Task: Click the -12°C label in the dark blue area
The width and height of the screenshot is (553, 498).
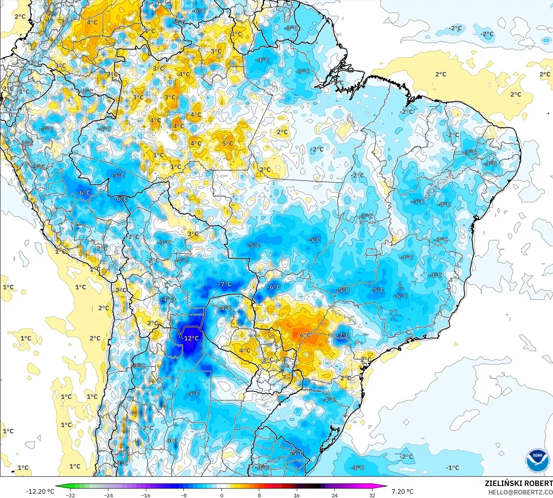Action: (x=191, y=338)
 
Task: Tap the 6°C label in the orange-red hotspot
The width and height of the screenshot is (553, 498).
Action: (x=305, y=335)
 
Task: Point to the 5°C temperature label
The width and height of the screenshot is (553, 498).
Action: (x=228, y=144)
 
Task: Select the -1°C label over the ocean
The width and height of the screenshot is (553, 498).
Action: (x=452, y=467)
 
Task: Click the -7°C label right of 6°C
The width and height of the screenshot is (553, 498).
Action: (x=343, y=335)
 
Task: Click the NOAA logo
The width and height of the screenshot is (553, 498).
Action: (x=537, y=460)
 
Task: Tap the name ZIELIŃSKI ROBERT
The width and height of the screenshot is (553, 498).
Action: (x=519, y=484)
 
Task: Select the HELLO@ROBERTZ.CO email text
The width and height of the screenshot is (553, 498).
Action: (x=520, y=492)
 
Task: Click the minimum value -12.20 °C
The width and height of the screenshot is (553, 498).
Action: (x=40, y=491)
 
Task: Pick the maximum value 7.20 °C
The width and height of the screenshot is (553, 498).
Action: (x=402, y=491)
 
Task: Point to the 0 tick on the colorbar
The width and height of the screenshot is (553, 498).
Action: (x=221, y=495)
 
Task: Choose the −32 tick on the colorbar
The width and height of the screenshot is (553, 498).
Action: (x=70, y=495)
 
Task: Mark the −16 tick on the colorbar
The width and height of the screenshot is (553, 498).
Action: (x=146, y=495)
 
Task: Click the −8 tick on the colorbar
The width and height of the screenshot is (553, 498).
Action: (x=183, y=495)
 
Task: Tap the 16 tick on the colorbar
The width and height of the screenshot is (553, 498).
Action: (x=296, y=495)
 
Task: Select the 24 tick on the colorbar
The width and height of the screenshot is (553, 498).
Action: (x=334, y=495)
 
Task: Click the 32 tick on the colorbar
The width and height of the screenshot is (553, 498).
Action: (x=372, y=495)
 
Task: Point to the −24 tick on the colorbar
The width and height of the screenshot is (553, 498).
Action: (x=108, y=495)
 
